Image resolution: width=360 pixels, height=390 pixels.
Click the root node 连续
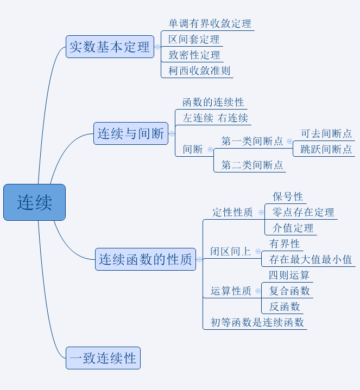[x=34, y=202]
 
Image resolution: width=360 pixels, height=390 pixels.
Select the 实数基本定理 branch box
[x=110, y=47]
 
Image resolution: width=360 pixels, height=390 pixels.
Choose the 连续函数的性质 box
[x=146, y=260]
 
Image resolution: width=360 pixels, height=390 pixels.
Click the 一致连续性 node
[x=103, y=358]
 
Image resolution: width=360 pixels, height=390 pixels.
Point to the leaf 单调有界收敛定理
[x=210, y=23]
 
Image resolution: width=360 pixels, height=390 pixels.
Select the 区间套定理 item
[x=194, y=39]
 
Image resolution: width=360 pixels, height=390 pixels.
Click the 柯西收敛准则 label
[x=199, y=71]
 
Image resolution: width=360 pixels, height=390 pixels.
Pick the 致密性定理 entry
[x=194, y=55]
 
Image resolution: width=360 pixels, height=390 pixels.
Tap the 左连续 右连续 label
[x=215, y=118]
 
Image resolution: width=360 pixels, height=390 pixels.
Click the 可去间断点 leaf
[x=326, y=133]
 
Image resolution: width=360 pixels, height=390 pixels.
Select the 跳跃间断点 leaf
[x=326, y=149]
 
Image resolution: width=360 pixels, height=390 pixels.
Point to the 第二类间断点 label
[x=252, y=165]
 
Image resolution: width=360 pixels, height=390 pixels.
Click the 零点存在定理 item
[x=303, y=212]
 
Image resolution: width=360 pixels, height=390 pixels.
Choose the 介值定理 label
[x=293, y=228]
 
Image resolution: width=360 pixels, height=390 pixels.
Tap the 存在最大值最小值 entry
[x=310, y=259]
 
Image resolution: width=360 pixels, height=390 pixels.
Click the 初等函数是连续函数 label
[x=257, y=322]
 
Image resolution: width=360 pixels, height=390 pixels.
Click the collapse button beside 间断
[x=210, y=149]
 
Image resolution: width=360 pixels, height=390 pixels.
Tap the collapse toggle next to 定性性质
[x=261, y=212]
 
